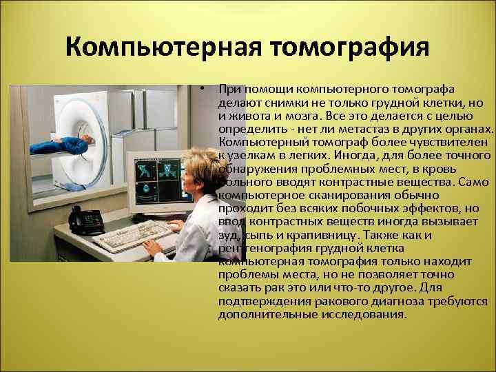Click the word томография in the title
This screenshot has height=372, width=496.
(349, 50)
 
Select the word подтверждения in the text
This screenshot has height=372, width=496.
(260, 301)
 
